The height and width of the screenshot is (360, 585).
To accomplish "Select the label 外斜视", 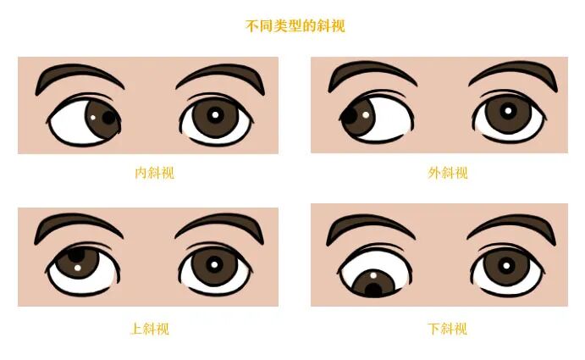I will coord(447,173).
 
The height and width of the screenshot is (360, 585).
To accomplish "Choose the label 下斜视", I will coord(447,329).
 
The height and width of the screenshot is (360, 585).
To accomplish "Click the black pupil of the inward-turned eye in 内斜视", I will coord(109,117).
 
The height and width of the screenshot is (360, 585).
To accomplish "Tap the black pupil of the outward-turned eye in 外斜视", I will coord(350,117).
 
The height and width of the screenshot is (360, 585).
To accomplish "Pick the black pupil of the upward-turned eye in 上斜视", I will coord(76,252).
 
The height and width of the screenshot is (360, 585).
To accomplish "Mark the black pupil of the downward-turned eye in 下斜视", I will coord(373,290).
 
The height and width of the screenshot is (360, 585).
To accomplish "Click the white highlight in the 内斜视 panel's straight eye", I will coord(215,115).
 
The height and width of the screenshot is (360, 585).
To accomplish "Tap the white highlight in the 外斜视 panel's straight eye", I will coord(508,110).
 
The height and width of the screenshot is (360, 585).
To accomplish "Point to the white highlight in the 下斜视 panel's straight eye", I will coord(506,265).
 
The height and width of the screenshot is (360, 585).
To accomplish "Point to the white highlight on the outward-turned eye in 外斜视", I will coord(366,114).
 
